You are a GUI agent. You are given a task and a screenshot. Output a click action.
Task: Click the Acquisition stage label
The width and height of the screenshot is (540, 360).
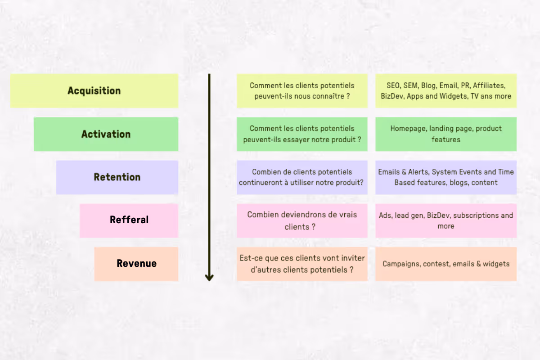[x=94, y=90]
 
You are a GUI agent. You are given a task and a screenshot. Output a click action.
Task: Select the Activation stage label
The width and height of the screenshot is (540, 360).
[x=106, y=134]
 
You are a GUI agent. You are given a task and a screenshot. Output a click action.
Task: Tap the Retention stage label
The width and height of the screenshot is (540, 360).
[x=117, y=177]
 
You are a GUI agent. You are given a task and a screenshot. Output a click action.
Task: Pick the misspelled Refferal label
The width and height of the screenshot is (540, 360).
[x=129, y=220]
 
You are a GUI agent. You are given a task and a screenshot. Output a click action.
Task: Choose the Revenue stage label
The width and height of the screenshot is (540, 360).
[x=136, y=263]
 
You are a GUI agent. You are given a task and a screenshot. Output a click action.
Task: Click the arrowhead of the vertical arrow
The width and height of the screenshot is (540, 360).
[x=209, y=277]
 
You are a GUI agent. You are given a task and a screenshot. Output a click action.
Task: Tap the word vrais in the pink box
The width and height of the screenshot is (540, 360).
[x=346, y=215]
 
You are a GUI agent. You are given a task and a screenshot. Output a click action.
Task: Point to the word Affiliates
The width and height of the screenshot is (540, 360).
[x=489, y=85]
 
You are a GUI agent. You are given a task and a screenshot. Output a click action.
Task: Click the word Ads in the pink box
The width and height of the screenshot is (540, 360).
[x=385, y=216]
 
